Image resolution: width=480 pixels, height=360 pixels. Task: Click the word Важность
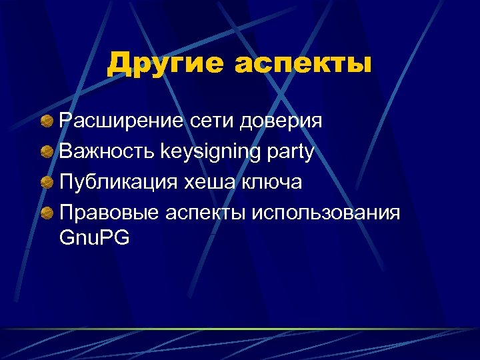[107, 151]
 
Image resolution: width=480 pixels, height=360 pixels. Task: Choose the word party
[291, 153]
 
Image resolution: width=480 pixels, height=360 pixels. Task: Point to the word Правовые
[109, 213]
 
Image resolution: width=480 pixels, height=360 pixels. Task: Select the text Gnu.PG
[94, 238]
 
